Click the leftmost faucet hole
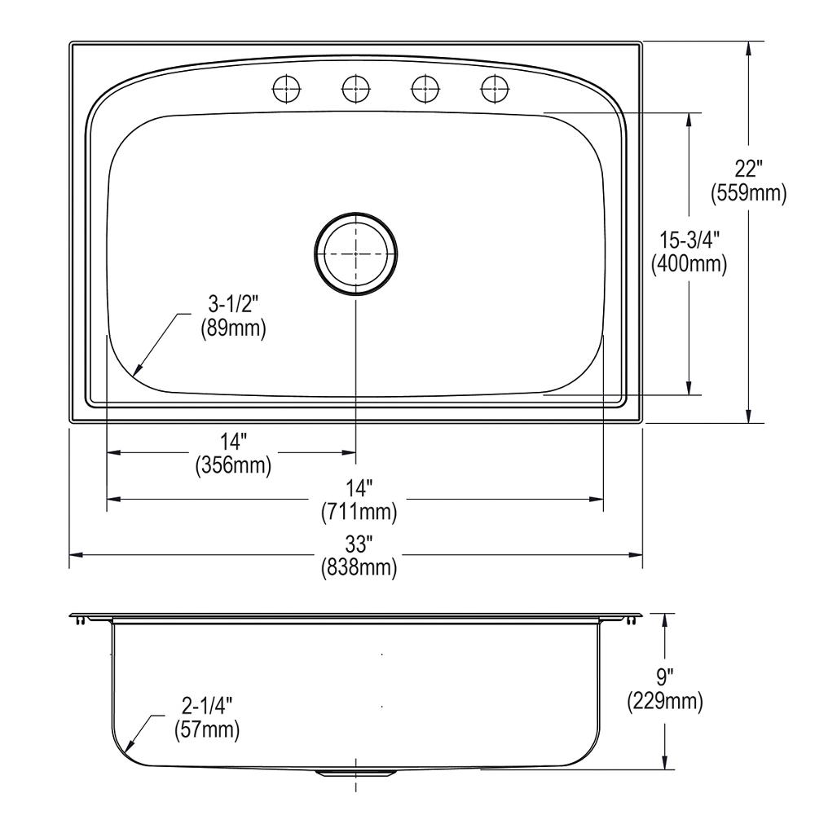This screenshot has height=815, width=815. click(x=285, y=87)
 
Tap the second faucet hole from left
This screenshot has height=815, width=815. click(x=355, y=87)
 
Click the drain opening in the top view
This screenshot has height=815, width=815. click(x=356, y=254)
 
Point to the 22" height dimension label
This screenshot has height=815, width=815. click(x=748, y=170)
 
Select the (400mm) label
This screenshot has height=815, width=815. click(x=689, y=263)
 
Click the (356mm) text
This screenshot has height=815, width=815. click(x=233, y=465)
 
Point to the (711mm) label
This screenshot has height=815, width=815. click(x=359, y=512)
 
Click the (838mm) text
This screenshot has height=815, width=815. click(x=359, y=567)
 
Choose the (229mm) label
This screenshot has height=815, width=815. click(x=665, y=701)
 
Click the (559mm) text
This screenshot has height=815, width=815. click(x=748, y=193)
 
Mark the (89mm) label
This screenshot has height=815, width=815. click(x=233, y=330)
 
